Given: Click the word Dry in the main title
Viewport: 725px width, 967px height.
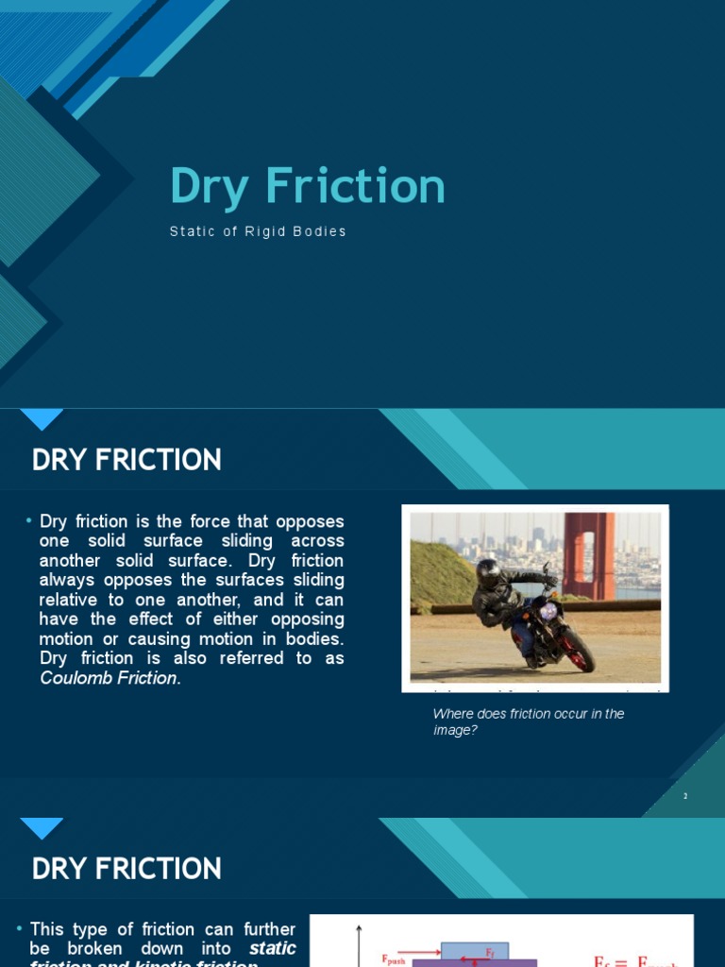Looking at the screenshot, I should (209, 188).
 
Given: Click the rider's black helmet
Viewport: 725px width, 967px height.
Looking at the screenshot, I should (488, 572).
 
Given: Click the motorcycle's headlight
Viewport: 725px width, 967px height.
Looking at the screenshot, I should (548, 612).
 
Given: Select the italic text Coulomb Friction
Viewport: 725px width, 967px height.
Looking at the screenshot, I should (109, 678).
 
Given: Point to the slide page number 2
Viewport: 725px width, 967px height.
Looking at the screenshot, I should (685, 796).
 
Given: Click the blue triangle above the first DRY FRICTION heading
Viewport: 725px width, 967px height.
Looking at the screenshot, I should (42, 417).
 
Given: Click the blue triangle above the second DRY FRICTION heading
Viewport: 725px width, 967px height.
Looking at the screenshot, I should (42, 826).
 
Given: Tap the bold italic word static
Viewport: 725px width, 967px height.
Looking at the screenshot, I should (273, 948).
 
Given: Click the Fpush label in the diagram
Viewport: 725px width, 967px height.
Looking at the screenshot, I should (394, 959).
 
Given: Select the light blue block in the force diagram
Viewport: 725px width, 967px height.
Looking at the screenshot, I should (474, 950).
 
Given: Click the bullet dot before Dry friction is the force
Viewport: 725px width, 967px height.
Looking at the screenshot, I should (29, 521).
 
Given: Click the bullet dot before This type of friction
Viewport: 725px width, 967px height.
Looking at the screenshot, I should (20, 930).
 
